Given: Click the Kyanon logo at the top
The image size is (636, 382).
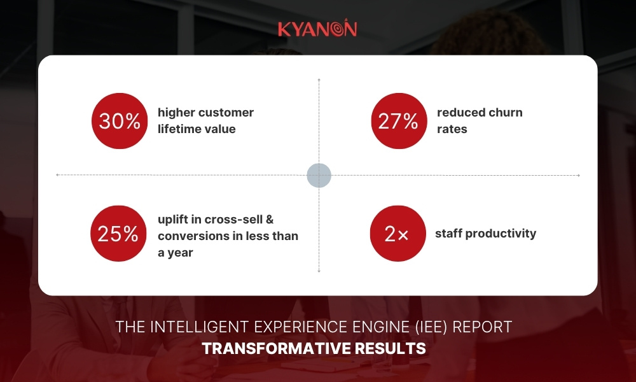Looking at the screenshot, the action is [317, 28].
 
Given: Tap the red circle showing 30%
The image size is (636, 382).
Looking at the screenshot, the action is [120, 121].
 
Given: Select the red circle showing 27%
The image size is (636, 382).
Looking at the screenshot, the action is [399, 121].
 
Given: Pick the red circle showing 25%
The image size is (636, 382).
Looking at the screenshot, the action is [118, 234].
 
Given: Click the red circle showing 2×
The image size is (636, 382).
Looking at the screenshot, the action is [397, 234].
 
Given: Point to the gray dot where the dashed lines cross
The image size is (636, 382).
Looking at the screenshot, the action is [319, 175].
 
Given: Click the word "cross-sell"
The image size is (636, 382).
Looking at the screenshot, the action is [233, 220].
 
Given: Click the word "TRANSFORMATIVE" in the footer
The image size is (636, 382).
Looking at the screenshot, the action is [276, 349].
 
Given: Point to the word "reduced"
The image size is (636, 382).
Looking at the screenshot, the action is [455, 113].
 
